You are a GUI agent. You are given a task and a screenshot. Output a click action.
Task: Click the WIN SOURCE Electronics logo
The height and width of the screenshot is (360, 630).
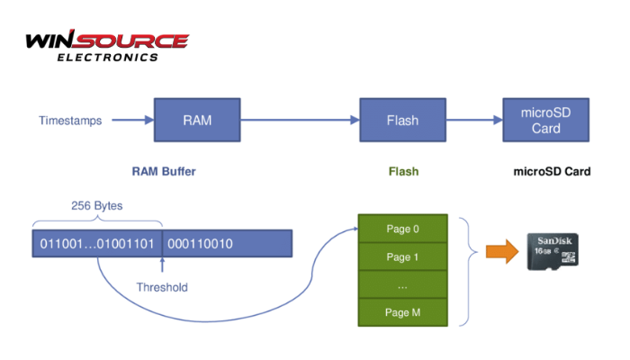click(106, 46)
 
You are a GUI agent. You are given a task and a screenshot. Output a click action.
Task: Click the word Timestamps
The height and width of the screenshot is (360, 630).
click(70, 120)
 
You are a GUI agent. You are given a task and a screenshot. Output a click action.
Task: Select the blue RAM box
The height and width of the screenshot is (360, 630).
click(197, 120)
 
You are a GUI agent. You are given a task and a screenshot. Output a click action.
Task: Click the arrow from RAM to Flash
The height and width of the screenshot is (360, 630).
click(300, 120)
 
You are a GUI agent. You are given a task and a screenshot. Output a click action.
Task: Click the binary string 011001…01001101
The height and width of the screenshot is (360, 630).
click(97, 244)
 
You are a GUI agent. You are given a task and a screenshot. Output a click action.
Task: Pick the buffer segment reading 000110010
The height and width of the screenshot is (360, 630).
click(200, 244)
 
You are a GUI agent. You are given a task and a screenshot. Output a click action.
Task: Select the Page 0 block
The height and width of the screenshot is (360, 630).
click(402, 229)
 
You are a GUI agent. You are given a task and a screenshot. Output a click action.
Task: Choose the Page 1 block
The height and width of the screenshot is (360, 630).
click(402, 256)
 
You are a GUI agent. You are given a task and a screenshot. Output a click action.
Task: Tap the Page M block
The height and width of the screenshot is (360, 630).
click(402, 311)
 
